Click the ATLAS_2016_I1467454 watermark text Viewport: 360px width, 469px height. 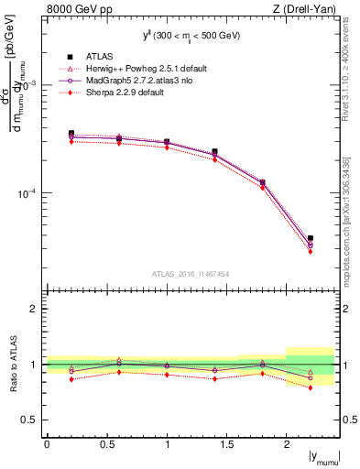tap(191, 274)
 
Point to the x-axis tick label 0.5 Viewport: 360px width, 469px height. tap(106, 444)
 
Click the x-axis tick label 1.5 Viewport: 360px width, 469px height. tap(226, 444)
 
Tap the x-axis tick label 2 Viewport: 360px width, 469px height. tap(287, 444)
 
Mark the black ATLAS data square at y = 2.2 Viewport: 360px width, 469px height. tap(311, 238)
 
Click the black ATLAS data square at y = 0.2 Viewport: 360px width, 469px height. tap(71, 133)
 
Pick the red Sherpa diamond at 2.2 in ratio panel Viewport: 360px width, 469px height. tap(311, 387)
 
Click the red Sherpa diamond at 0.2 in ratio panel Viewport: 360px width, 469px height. tap(71, 379)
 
